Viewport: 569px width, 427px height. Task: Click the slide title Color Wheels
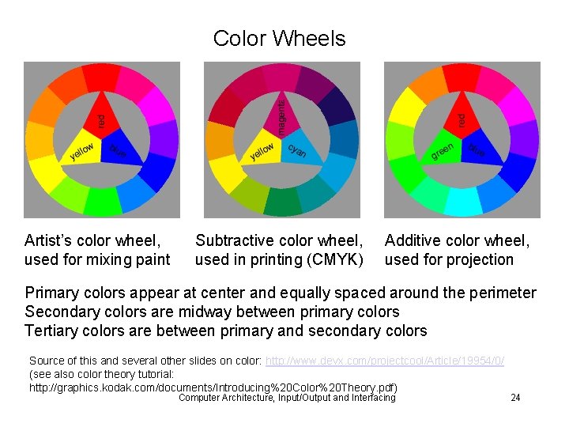click(279, 39)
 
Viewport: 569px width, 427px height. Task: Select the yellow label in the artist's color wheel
click(82, 150)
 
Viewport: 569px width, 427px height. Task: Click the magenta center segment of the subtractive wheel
click(281, 117)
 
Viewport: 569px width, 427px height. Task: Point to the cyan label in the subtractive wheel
click(297, 149)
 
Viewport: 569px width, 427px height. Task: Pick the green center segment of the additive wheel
click(443, 150)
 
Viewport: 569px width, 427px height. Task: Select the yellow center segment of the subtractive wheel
click(263, 150)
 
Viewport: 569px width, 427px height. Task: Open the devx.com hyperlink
click(385, 361)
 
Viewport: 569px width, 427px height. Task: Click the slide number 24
click(515, 398)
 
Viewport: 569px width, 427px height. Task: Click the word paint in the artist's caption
click(153, 259)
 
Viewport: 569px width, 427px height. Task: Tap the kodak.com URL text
click(213, 387)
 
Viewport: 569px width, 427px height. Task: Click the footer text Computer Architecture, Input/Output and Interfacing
click(287, 398)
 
